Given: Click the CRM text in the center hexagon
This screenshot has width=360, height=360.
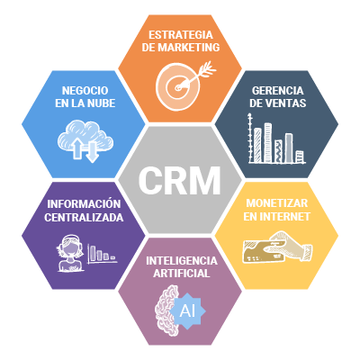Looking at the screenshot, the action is (x=180, y=181).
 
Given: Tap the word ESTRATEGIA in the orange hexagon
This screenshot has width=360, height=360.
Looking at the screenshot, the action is (x=181, y=35).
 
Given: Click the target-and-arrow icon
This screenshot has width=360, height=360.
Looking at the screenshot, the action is (x=184, y=85).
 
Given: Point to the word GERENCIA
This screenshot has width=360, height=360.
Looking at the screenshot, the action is (x=278, y=91).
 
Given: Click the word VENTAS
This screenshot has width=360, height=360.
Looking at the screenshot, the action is (x=286, y=103).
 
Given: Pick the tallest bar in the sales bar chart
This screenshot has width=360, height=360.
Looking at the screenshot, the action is (x=268, y=143).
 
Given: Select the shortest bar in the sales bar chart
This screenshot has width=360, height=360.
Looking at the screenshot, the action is (x=300, y=157).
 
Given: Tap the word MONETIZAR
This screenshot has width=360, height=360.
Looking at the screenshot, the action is (x=277, y=203).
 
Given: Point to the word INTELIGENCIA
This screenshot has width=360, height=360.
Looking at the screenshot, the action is (x=182, y=261).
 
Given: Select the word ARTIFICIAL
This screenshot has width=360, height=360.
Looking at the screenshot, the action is (x=182, y=274).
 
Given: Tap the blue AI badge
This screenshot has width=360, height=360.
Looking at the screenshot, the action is (x=187, y=311).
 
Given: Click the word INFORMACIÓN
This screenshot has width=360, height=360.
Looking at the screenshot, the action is (x=84, y=204).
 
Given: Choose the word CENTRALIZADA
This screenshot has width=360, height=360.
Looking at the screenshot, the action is (x=84, y=217).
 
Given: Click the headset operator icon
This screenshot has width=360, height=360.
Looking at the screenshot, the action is (x=70, y=253).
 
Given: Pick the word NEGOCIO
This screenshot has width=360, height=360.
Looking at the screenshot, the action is (x=85, y=91).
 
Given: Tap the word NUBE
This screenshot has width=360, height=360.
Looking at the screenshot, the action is (x=101, y=103).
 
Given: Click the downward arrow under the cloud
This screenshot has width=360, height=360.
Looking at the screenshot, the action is (x=92, y=151).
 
